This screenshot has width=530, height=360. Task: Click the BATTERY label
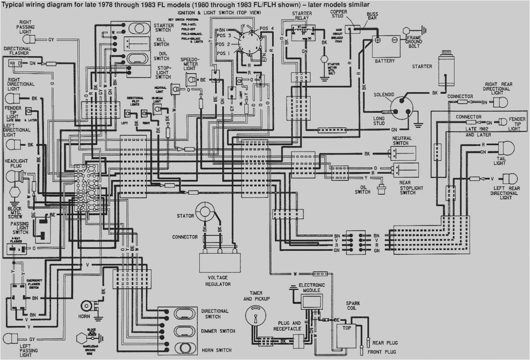coord(385,61)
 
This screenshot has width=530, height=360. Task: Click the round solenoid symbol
coord(400,109)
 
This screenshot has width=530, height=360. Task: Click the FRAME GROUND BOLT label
coord(414,41)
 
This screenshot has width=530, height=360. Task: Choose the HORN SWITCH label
coord(216,350)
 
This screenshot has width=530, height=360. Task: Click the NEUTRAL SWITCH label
coord(402,141)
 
